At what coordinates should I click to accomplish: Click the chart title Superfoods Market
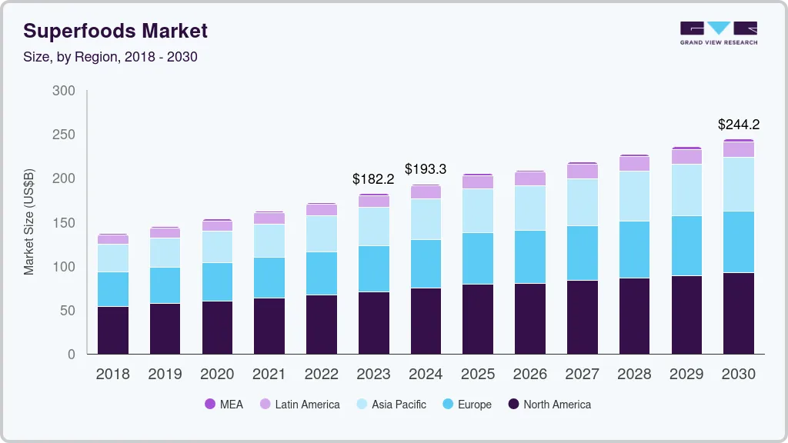click(x=115, y=32)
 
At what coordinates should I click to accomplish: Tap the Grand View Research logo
click(x=718, y=33)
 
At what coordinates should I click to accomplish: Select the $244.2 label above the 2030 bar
click(x=739, y=125)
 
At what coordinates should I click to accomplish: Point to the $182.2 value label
click(x=373, y=178)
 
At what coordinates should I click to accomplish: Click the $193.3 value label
click(x=426, y=169)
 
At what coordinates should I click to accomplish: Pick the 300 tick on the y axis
click(x=64, y=91)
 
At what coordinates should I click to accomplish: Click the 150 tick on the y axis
click(x=64, y=223)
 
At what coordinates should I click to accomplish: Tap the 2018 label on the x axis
click(x=113, y=374)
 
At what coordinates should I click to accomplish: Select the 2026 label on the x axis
click(x=529, y=374)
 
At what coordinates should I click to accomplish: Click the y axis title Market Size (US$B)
click(x=29, y=221)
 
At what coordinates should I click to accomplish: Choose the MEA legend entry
click(x=224, y=404)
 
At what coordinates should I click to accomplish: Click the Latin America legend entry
click(x=299, y=404)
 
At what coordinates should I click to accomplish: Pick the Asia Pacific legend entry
click(x=390, y=404)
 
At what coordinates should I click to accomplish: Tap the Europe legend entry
click(x=466, y=404)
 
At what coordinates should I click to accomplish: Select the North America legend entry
click(x=549, y=404)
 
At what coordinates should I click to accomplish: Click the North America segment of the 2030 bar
click(x=739, y=313)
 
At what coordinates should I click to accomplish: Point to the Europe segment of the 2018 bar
click(x=113, y=289)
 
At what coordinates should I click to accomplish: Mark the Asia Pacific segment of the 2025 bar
click(x=478, y=211)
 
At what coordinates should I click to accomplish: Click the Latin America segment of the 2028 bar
click(x=634, y=163)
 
